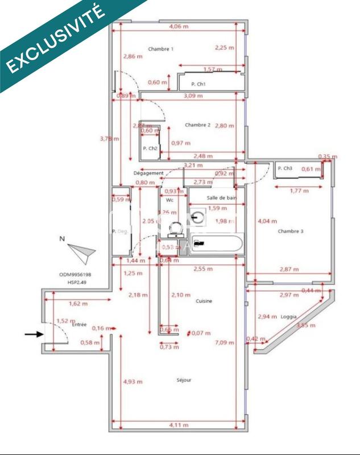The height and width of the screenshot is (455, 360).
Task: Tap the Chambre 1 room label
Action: [160, 49]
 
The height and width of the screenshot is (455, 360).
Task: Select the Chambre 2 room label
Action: [197, 125]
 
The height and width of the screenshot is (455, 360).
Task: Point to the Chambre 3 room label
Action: [290, 231]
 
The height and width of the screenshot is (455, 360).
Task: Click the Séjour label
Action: [184, 379]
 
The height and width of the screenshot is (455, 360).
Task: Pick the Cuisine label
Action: [204, 301]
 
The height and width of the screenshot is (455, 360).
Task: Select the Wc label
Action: [169, 200]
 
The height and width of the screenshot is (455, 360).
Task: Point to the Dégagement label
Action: [148, 173]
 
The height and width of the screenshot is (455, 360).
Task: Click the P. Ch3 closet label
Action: [285, 168]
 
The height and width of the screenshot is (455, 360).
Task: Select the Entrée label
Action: [79, 324]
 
